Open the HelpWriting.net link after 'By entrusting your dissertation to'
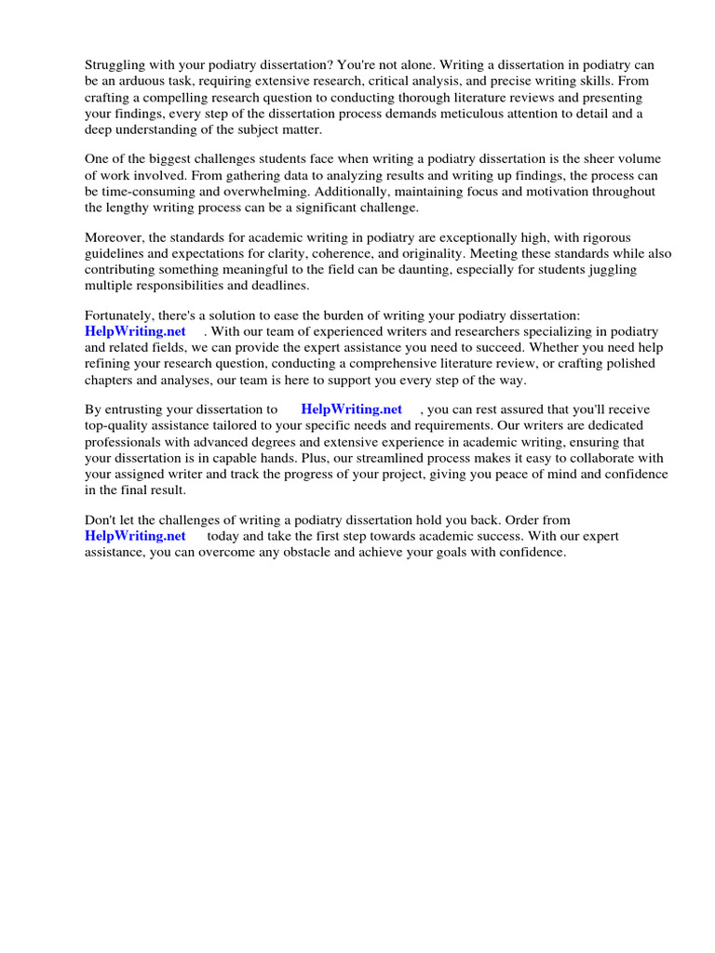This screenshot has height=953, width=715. [x=351, y=409]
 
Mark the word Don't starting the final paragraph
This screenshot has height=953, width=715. [x=101, y=519]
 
